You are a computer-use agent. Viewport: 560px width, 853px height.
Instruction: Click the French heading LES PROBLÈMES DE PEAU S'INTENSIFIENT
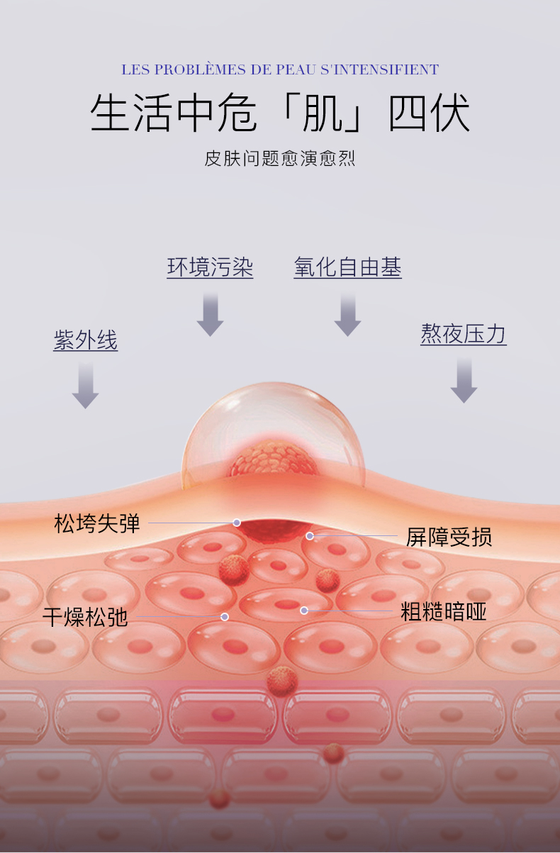pos(280,69)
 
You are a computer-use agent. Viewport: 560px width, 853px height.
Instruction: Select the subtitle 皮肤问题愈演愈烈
pos(280,158)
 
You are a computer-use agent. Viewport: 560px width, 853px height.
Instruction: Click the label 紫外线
pos(86,340)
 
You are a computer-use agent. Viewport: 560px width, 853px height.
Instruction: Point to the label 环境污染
pos(210,267)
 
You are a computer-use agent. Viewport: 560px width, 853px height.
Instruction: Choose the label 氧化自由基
pos(347,267)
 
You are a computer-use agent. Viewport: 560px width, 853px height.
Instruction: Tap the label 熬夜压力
pos(464,334)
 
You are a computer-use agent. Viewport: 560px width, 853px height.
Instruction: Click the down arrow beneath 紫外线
pos(86,385)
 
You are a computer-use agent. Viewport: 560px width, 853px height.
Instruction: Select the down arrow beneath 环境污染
pos(210,314)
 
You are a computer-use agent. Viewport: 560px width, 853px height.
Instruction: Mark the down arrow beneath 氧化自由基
pos(347,314)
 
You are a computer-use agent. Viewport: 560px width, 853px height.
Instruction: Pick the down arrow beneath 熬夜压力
pos(464,381)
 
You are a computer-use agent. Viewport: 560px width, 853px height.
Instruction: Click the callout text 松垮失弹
pos(97,524)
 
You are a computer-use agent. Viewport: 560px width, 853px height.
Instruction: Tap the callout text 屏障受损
pos(449,537)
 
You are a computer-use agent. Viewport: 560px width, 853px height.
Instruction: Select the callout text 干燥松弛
pos(85,617)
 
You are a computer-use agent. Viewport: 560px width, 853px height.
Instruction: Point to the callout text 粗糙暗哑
pos(444,611)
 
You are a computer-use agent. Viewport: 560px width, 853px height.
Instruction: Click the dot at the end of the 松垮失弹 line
pos(237,523)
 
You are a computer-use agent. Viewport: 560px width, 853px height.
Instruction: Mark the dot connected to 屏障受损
pos(310,536)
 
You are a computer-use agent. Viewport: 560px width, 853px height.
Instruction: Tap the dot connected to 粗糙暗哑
pos(304,611)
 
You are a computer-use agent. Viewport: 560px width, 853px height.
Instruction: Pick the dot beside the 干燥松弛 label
pos(225,617)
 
